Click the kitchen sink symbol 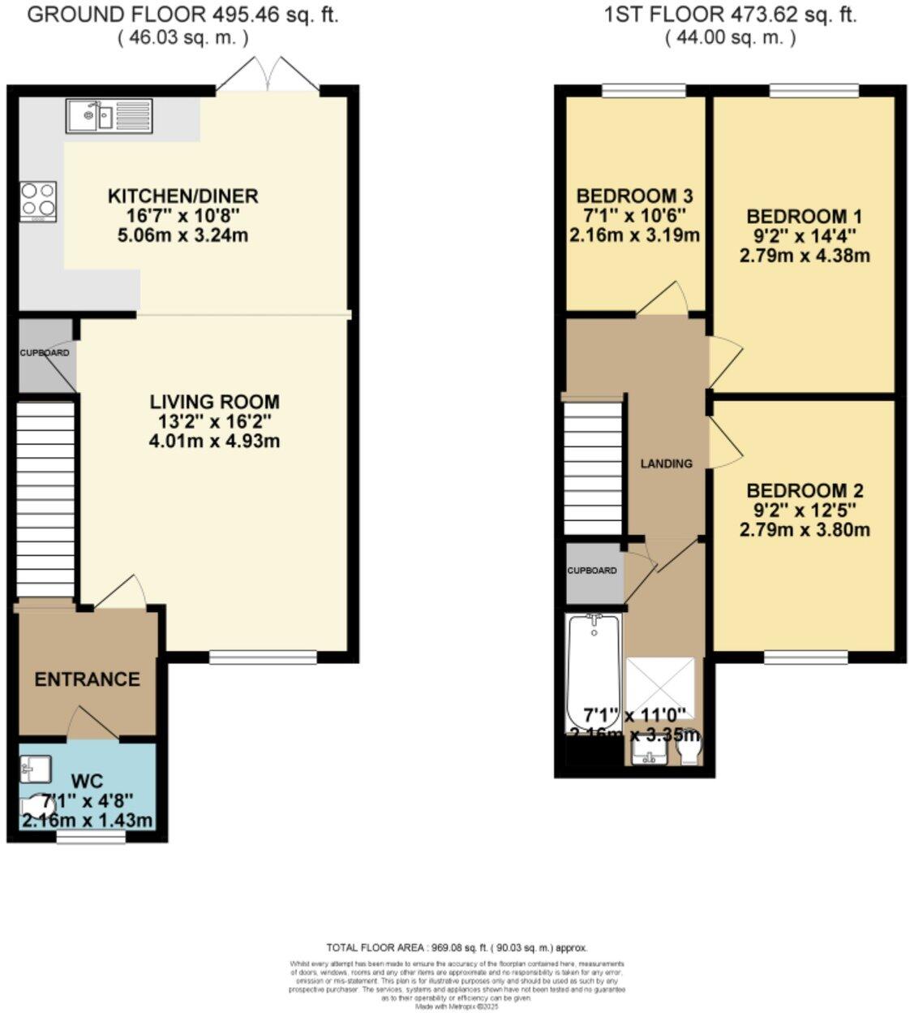click(109, 116)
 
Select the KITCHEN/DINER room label click(182, 196)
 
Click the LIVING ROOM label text click(214, 402)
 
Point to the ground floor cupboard click(45, 354)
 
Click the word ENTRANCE click(87, 679)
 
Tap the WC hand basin click(36, 766)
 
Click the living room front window click(263, 657)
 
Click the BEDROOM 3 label click(634, 196)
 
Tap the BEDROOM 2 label click(804, 491)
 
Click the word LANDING click(667, 463)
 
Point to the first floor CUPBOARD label click(592, 571)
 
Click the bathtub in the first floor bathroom click(593, 662)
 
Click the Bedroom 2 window click(806, 657)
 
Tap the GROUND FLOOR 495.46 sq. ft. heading click(182, 15)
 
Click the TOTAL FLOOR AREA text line click(456, 947)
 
